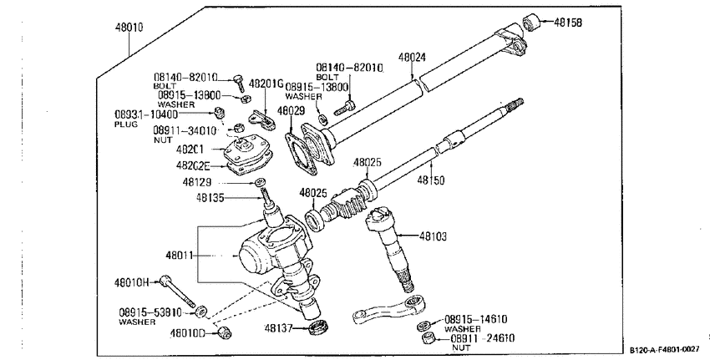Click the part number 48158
(568, 23)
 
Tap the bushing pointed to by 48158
(530, 22)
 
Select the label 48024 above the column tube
(412, 58)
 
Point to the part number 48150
(431, 180)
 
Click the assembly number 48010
(129, 28)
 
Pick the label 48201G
(266, 84)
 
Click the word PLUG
(126, 124)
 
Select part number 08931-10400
(146, 114)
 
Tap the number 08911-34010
(185, 131)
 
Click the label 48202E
(193, 166)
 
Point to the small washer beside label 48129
(260, 182)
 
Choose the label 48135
(210, 197)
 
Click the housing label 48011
(180, 256)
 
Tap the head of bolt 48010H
(165, 281)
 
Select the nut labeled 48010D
(223, 332)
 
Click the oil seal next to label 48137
(318, 327)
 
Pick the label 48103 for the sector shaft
(433, 236)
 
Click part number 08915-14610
(475, 319)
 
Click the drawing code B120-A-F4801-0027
(664, 350)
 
